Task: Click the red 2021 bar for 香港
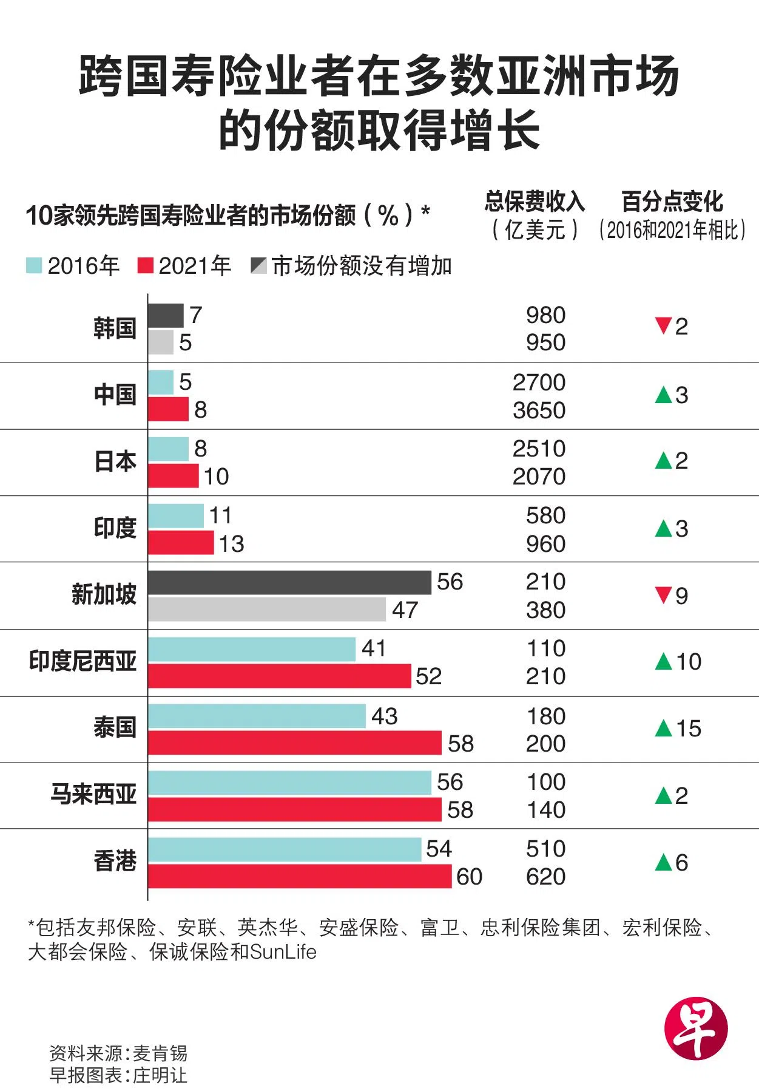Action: point(300,876)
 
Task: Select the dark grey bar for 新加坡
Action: point(289,582)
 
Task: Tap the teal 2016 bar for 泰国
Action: point(257,716)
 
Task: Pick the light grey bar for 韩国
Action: point(161,342)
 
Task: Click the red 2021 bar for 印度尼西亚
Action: point(280,676)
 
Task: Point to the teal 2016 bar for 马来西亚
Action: point(289,783)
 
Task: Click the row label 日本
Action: point(115,462)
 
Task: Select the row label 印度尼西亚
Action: point(83,661)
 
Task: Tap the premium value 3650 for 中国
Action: point(539,410)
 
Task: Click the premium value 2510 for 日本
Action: point(539,449)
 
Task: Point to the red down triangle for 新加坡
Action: point(663,595)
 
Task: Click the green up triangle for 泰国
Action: point(664,728)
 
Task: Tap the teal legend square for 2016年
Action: point(34,266)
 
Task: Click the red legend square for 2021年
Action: point(146,266)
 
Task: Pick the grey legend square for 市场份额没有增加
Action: point(258,266)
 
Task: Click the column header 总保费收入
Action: point(534,202)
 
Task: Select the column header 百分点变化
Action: point(672,202)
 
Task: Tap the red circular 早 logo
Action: point(695,1028)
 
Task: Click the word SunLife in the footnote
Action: point(283,952)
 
